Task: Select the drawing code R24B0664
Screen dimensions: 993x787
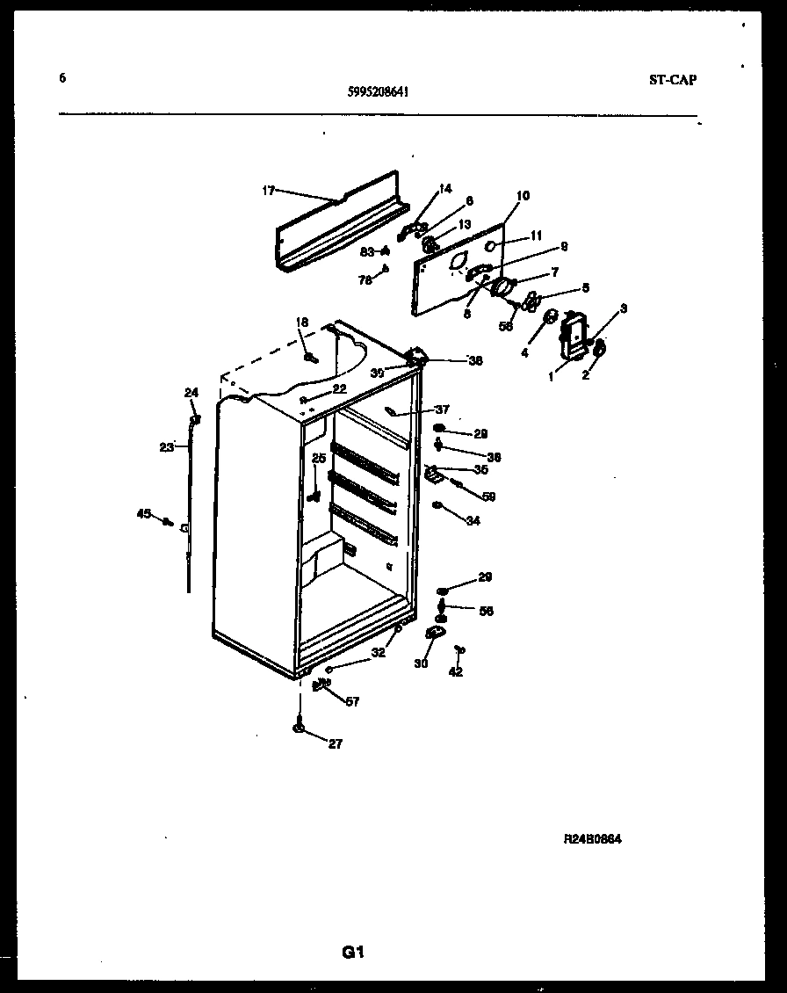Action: tap(593, 839)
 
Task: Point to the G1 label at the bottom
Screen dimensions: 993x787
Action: tap(352, 952)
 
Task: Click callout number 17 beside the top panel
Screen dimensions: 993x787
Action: tap(269, 190)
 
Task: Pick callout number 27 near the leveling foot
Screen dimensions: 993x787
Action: tap(335, 744)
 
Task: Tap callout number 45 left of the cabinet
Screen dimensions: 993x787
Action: tap(144, 514)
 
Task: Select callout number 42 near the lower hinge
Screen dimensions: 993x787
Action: tap(455, 672)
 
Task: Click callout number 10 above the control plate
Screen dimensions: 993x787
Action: tap(523, 195)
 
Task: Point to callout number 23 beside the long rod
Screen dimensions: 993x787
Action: tap(166, 446)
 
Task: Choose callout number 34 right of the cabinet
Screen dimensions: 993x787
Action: tap(473, 521)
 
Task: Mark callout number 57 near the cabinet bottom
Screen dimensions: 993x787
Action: tap(351, 702)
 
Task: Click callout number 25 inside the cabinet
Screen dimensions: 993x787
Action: tap(319, 458)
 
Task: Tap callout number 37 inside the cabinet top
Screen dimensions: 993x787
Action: tap(441, 410)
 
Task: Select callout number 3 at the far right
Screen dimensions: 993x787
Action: tap(623, 308)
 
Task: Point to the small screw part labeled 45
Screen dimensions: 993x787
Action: tap(167, 522)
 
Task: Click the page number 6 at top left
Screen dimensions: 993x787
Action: tap(62, 77)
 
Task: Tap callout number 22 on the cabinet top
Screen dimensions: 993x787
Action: tap(339, 388)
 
